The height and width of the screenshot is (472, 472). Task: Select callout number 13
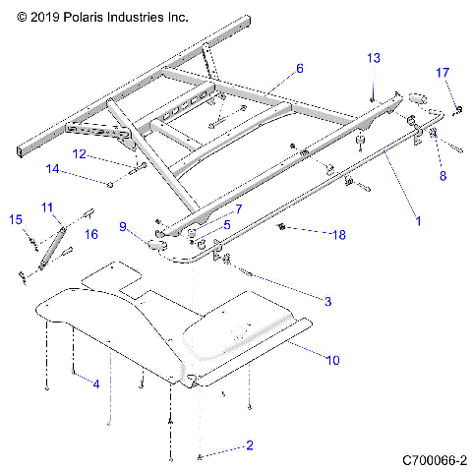[x=373, y=59]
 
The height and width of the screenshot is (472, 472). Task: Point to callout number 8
[x=442, y=176]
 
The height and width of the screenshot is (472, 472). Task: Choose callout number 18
[x=313, y=235]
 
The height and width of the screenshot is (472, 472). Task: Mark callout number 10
[x=332, y=361]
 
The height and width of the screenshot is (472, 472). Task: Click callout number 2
[x=249, y=445]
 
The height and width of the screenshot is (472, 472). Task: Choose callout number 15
[x=15, y=219]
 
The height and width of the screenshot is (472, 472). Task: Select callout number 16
[x=90, y=234]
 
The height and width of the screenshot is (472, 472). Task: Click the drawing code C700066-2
[x=433, y=459]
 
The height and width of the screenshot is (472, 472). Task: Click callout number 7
[x=237, y=209]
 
